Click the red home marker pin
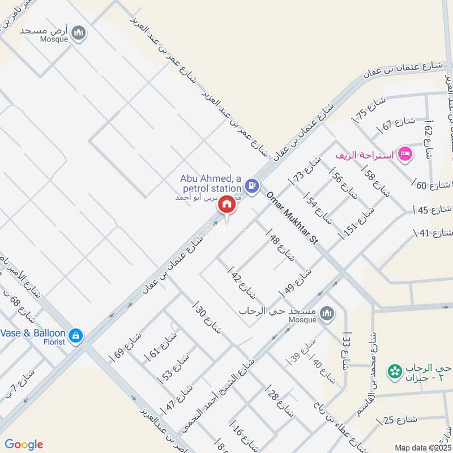point(227,204)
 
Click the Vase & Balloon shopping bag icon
point(76,336)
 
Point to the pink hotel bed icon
point(404,153)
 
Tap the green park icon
point(392,372)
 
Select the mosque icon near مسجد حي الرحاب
point(326,313)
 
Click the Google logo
point(24,445)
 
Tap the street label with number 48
point(282,248)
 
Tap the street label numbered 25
point(400,420)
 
